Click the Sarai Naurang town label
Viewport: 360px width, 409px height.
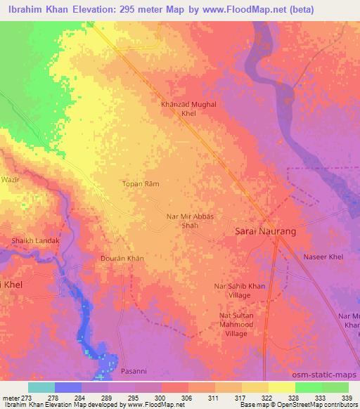(264, 231)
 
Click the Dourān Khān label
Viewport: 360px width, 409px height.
(122, 259)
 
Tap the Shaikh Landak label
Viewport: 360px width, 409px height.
(35, 241)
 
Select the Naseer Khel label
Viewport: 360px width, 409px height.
(323, 257)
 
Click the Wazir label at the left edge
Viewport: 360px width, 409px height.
(8, 181)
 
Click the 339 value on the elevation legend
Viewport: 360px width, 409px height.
(347, 398)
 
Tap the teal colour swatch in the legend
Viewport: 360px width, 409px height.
(41, 387)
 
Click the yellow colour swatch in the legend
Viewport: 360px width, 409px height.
(282, 387)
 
